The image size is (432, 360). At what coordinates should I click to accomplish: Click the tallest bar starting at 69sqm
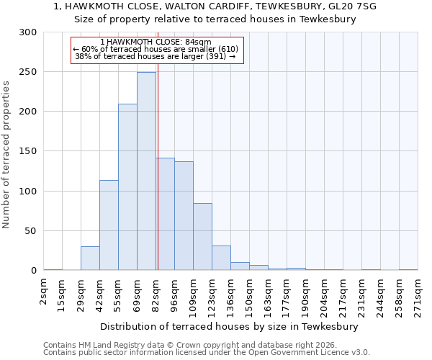coord(146,171)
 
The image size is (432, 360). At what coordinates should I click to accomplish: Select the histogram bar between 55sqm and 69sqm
coord(127,187)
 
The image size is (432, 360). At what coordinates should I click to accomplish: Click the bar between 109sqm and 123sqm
coord(202,237)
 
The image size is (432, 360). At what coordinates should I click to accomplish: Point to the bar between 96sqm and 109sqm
coord(184,216)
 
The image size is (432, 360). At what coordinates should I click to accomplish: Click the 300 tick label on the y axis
coord(28,32)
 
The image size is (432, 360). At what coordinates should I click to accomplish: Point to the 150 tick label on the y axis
coord(28,152)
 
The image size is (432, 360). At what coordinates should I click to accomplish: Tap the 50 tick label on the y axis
coord(31,231)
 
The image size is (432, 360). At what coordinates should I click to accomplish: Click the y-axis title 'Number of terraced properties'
coord(6,154)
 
